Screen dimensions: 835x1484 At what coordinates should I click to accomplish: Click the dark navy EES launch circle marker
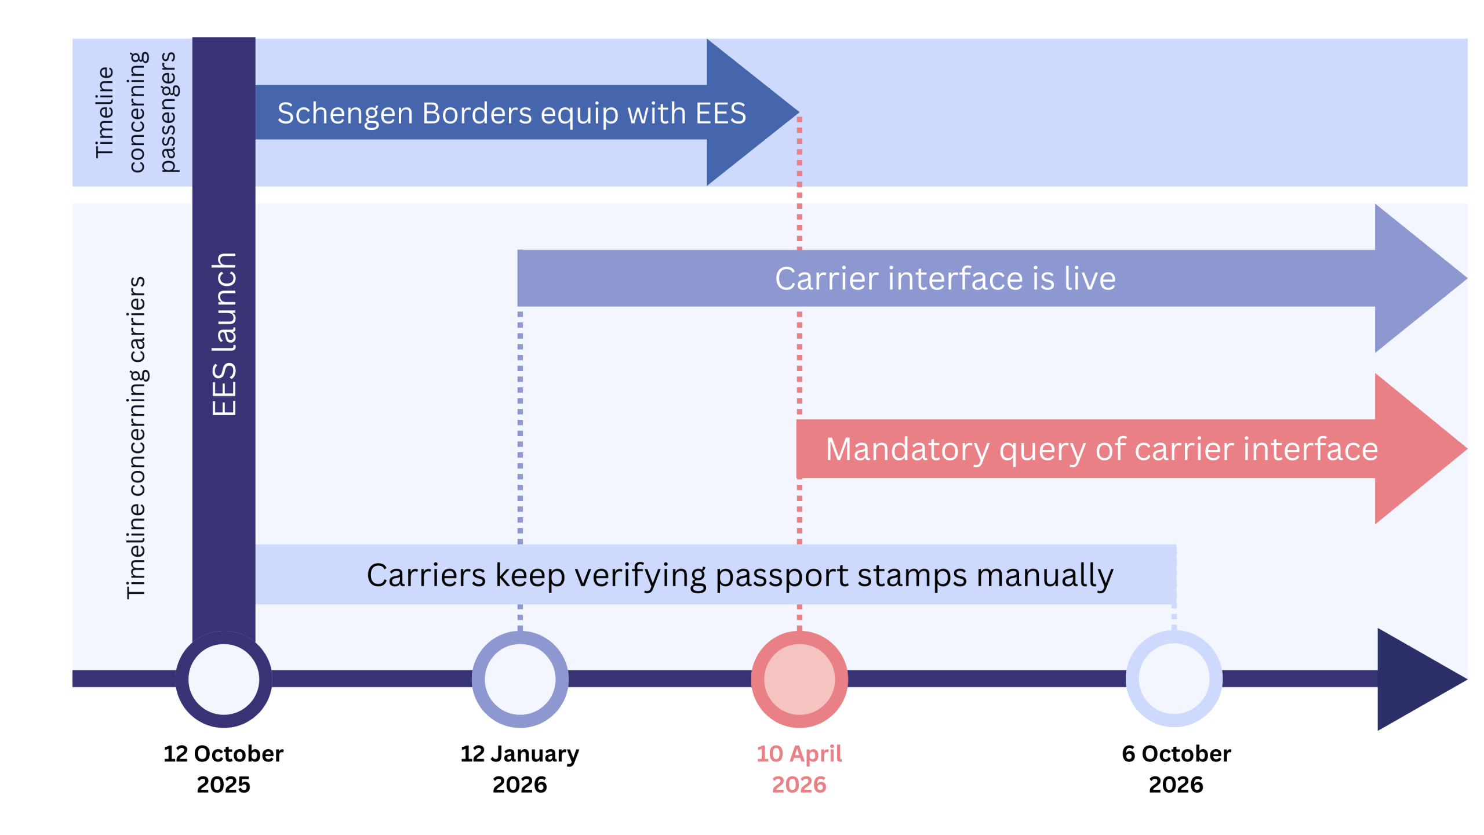(224, 679)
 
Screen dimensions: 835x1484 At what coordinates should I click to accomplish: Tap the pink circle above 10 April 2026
(799, 679)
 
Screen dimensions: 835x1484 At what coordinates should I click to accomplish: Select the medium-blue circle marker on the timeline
(520, 679)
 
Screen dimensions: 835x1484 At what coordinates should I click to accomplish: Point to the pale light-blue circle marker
(1174, 679)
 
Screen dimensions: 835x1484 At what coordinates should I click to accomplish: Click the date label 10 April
(799, 754)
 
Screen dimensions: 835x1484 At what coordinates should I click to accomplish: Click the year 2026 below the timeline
(799, 785)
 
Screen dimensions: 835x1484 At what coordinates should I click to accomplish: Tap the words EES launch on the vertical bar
(224, 335)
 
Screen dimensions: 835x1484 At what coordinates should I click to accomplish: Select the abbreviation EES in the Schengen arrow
(721, 113)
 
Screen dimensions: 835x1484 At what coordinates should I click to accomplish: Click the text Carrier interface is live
(945, 279)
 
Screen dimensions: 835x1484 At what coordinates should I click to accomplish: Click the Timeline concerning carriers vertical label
(136, 438)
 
